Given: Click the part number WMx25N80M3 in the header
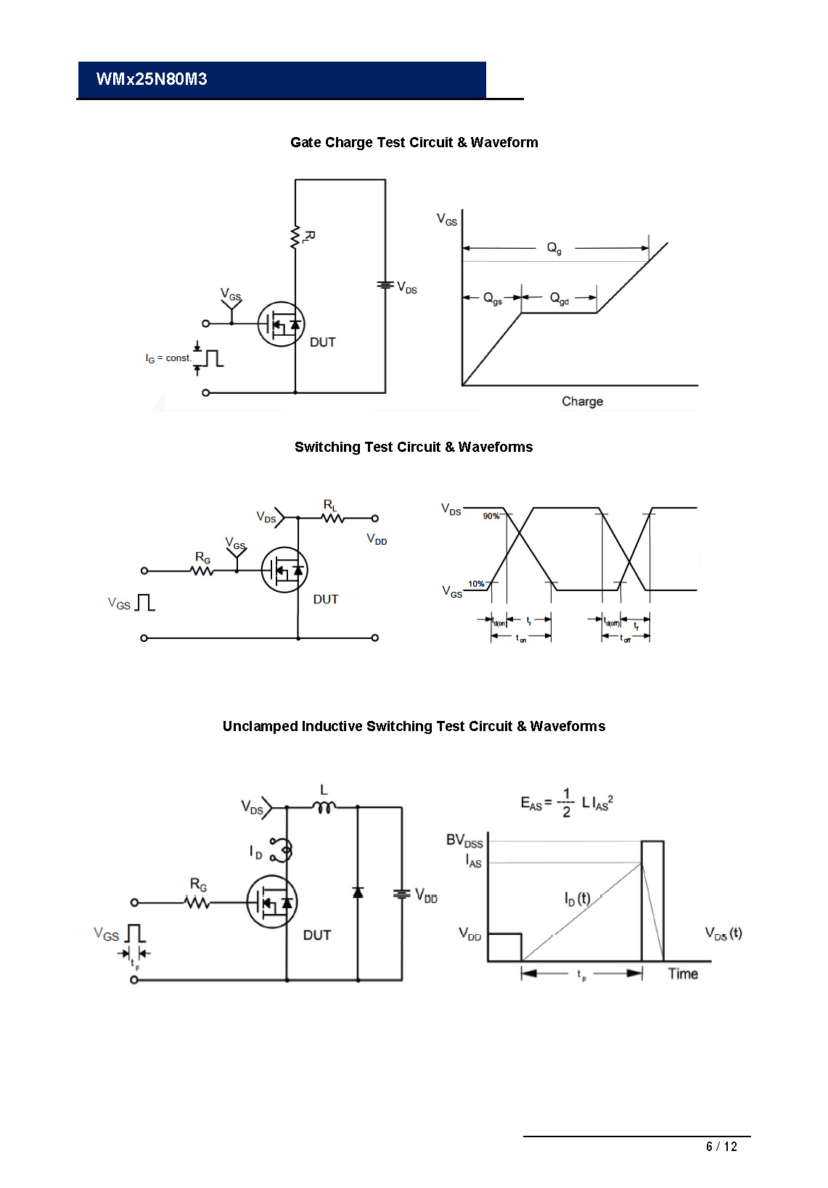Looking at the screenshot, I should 152,79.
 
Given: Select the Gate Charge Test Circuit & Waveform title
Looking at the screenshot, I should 414,142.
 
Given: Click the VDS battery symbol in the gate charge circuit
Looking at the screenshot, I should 385,285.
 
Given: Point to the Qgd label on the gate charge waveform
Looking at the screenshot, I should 559,298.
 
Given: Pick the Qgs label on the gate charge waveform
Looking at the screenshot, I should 493,298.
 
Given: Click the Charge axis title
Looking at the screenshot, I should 582,401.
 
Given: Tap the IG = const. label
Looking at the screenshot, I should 168,358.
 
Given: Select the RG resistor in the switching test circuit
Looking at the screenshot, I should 202,570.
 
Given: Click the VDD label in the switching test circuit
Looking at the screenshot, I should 377,540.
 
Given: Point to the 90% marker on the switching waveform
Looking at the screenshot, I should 491,516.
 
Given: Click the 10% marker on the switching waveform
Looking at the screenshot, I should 476,583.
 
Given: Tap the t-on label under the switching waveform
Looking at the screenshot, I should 521,638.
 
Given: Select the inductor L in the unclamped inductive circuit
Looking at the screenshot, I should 324,806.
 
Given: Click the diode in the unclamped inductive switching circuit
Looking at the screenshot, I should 358,892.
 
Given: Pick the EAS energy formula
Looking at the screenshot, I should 567,803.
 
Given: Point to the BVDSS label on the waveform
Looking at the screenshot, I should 464,841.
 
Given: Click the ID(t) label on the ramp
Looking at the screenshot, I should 577,899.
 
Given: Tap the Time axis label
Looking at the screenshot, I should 683,973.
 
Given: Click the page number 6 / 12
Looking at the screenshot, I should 721,1146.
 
